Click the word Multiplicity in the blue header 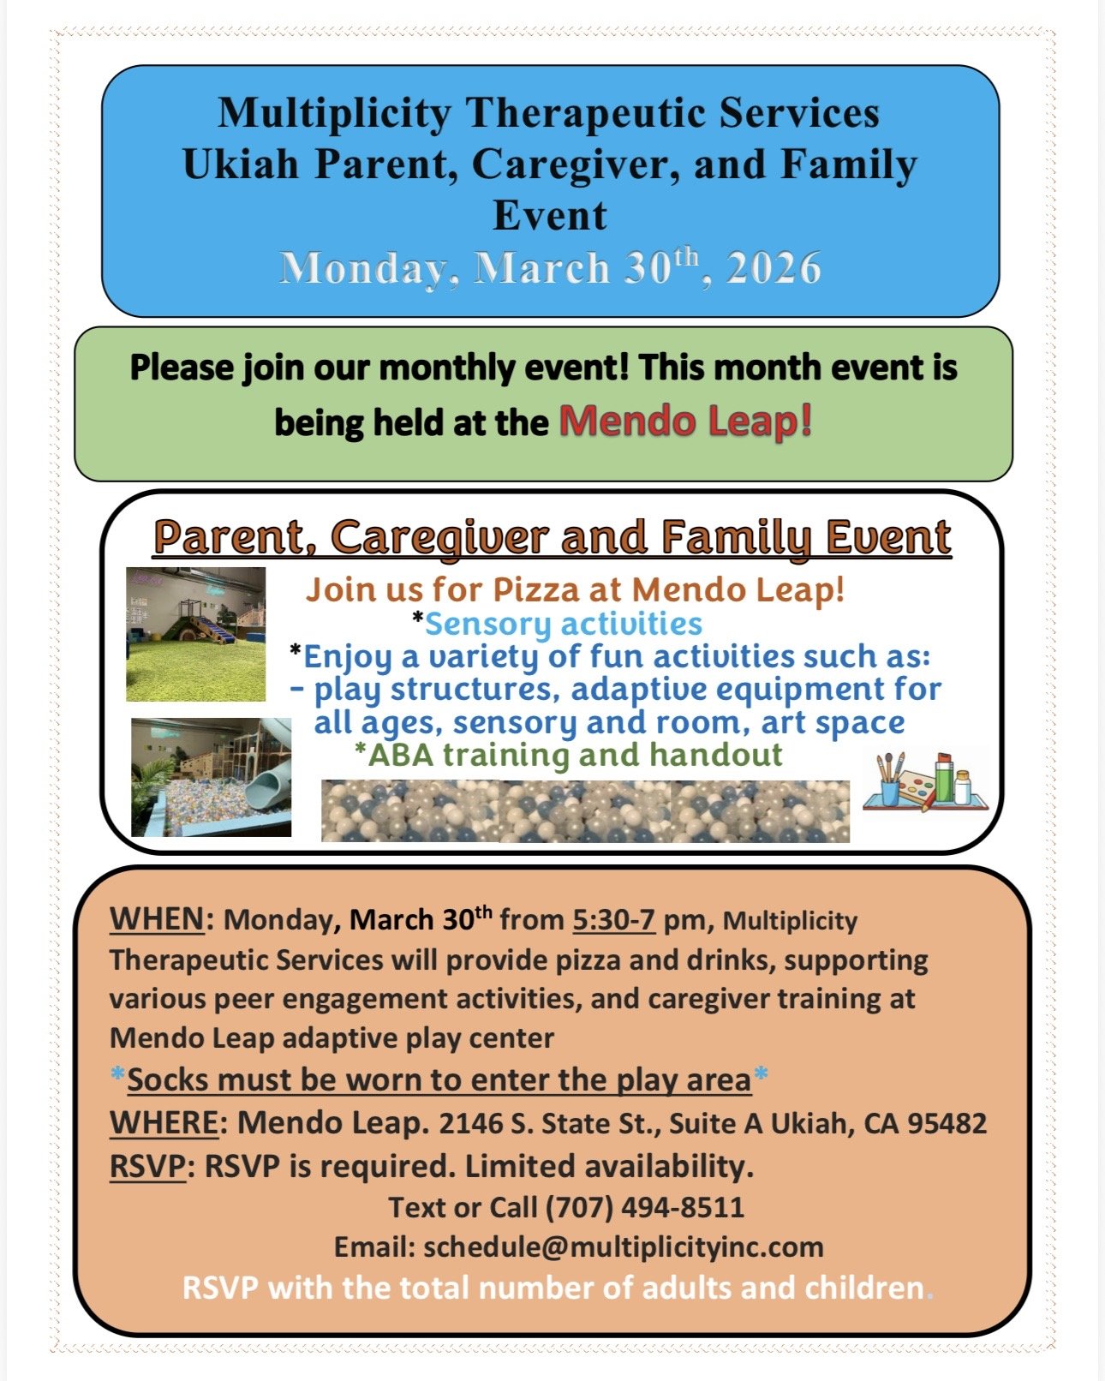[333, 113]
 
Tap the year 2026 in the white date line [773, 269]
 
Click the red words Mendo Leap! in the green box [685, 421]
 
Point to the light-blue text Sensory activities [563, 624]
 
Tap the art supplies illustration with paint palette [924, 781]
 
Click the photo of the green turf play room [195, 634]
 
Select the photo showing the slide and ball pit [211, 777]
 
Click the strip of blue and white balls [585, 810]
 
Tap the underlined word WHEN [157, 919]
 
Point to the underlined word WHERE [164, 1122]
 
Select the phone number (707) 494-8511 [644, 1207]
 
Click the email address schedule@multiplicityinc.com [623, 1246]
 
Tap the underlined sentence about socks [439, 1080]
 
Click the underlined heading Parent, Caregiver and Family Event [552, 537]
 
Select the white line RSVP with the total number [553, 1288]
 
